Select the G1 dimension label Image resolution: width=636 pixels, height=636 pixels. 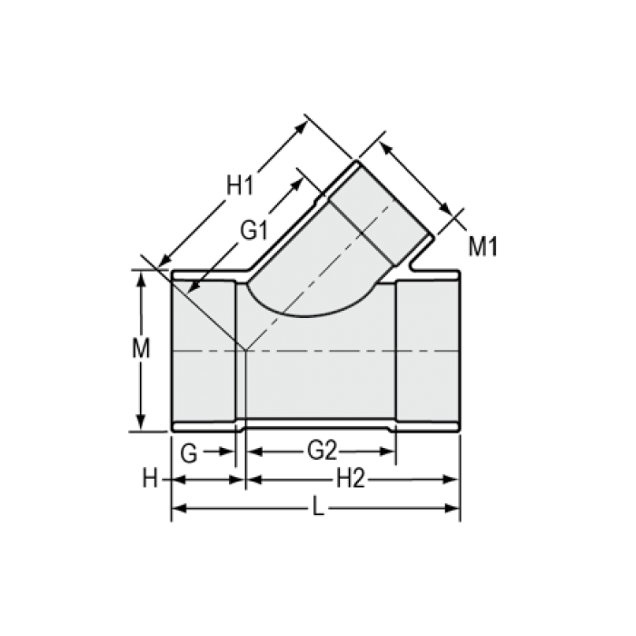pos(253,231)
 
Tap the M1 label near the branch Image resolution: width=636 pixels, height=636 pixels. pos(483,245)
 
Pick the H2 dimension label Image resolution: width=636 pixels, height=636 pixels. pos(351,480)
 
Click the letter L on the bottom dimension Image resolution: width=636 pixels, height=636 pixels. pos(317,509)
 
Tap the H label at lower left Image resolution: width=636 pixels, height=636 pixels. pos(150,480)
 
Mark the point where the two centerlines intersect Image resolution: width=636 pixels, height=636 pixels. pos(245,350)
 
